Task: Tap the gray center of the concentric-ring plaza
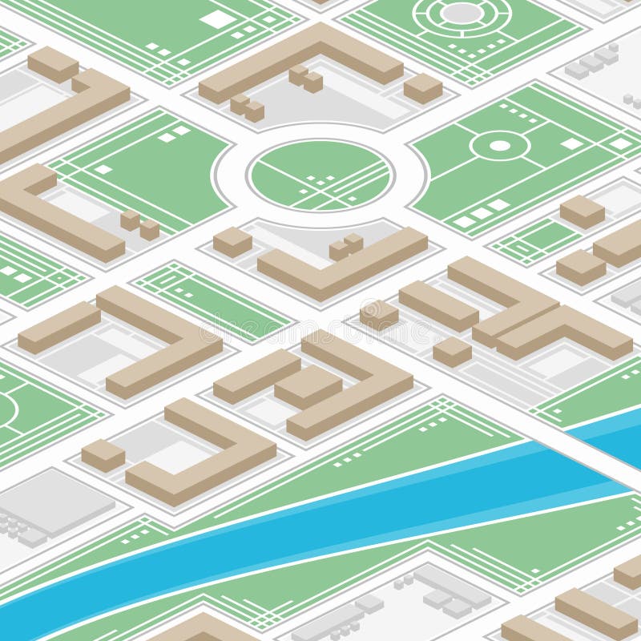click(x=462, y=13)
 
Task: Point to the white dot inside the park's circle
click(x=500, y=146)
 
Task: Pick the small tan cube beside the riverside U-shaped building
click(x=103, y=454)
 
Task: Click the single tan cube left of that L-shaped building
click(x=232, y=241)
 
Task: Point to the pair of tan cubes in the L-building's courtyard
click(x=345, y=246)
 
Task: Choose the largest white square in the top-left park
click(x=217, y=19)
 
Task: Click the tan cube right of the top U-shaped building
click(x=423, y=87)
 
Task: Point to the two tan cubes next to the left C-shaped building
click(x=139, y=225)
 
